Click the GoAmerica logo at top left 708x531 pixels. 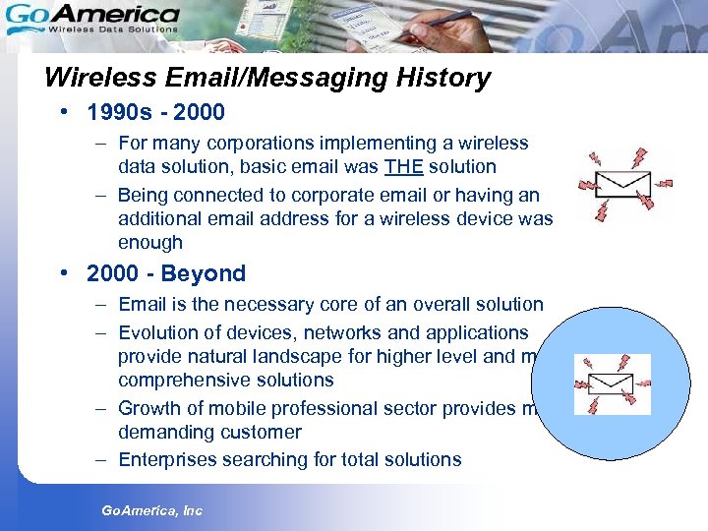[92, 18]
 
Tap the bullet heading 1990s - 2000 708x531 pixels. [155, 112]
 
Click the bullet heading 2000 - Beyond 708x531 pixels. [165, 273]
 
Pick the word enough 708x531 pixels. [150, 242]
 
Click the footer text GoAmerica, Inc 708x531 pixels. [152, 510]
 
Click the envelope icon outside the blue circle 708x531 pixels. [625, 183]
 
